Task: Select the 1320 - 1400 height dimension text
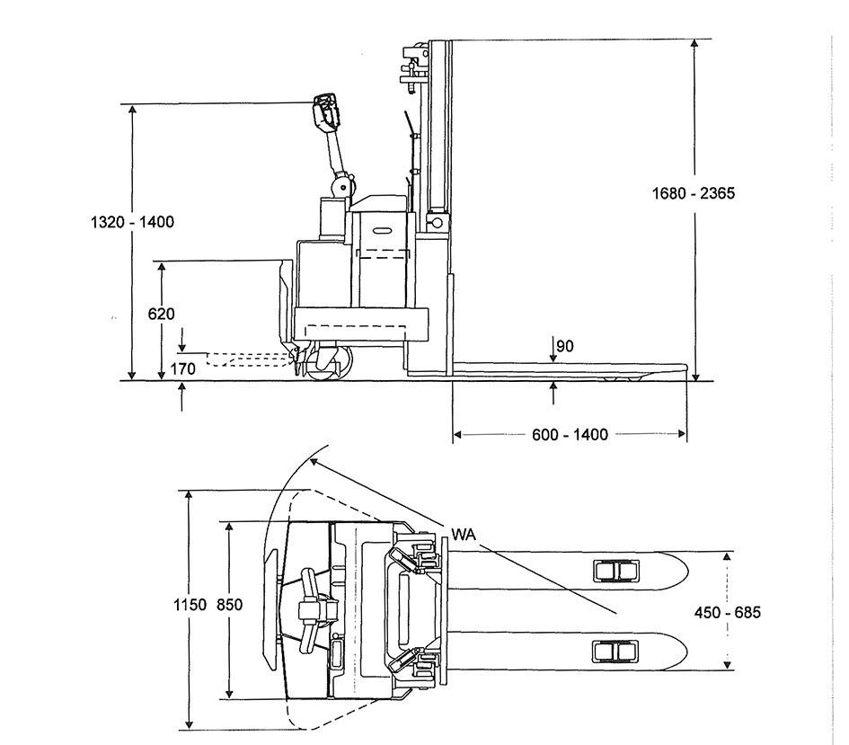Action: pyautogui.click(x=132, y=222)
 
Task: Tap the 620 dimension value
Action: pyautogui.click(x=162, y=314)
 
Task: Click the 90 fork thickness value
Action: pyautogui.click(x=565, y=346)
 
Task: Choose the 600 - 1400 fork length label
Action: pyautogui.click(x=570, y=435)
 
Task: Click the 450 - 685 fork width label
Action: pyautogui.click(x=728, y=612)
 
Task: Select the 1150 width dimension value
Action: pyautogui.click(x=190, y=605)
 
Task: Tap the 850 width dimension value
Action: pyautogui.click(x=229, y=605)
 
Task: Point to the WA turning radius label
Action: pyautogui.click(x=463, y=535)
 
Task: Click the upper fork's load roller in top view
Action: pyautogui.click(x=615, y=571)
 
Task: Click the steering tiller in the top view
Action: pyautogui.click(x=314, y=608)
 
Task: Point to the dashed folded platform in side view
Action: pyautogui.click(x=249, y=359)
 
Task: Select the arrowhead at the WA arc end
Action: pyautogui.click(x=313, y=462)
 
